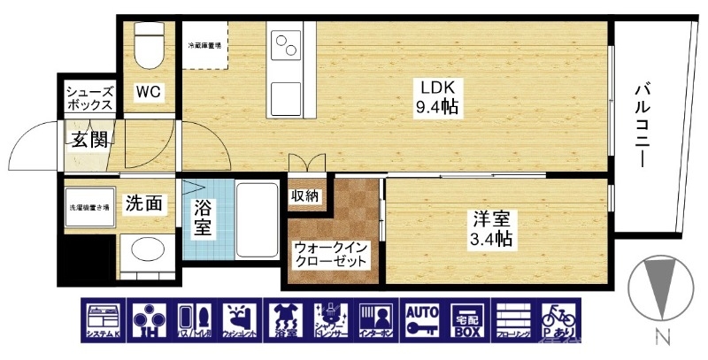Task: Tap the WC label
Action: pos(147,90)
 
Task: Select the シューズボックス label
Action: pos(89,97)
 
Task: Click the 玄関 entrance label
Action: pos(89,139)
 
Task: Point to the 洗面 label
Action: pos(142,203)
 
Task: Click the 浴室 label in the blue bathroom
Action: pos(203,218)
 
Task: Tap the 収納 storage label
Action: pos(305,195)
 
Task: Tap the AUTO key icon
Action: pos(423,321)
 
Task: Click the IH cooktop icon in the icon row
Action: pos(150,321)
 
